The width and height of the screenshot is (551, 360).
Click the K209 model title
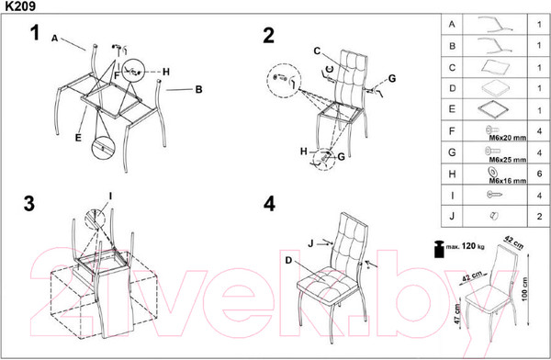point(20,6)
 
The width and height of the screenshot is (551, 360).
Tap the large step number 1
point(35,33)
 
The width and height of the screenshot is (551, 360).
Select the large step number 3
point(29,203)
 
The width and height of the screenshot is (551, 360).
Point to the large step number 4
point(269,204)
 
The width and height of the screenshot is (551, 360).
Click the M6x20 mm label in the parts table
point(508,138)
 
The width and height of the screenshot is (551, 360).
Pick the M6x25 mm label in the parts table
point(508,160)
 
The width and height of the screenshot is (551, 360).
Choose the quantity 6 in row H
point(539,174)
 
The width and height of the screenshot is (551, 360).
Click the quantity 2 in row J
point(539,217)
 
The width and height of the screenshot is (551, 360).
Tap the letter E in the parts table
point(452,109)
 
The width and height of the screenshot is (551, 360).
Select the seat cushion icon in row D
point(494,87)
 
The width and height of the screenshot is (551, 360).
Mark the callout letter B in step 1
point(199,89)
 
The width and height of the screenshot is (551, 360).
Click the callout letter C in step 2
point(317,51)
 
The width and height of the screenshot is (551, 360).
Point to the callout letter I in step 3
point(110,197)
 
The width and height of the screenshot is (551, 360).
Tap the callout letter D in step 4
point(288,261)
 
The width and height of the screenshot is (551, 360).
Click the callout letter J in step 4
point(310,243)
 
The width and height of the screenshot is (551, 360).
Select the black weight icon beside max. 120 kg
point(439,249)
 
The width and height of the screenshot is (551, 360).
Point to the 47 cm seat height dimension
point(457,313)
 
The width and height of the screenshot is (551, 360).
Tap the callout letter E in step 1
point(78,138)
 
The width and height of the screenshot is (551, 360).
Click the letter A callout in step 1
point(54,39)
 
